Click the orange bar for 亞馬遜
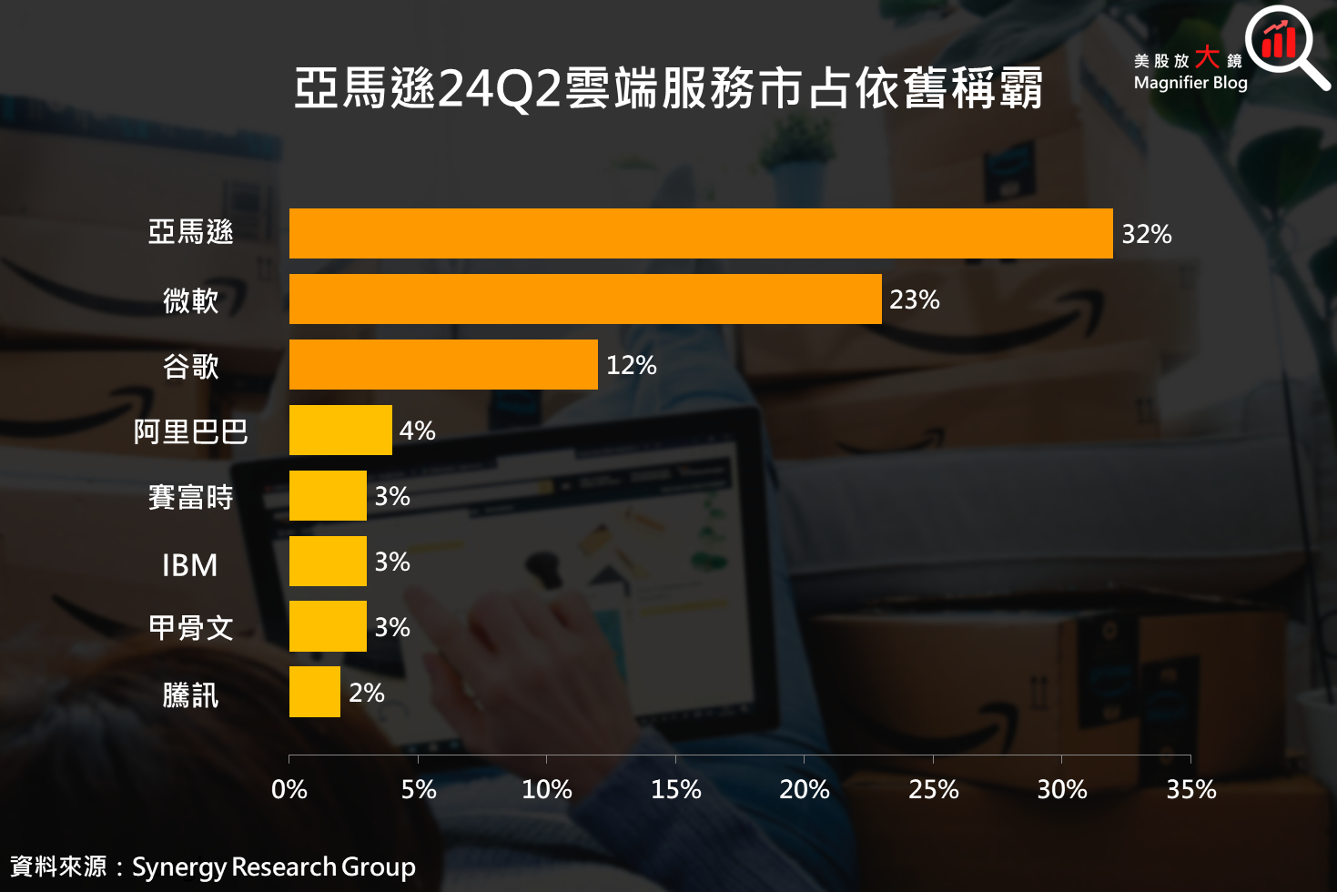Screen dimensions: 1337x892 [701, 233]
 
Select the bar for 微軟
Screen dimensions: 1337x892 [585, 299]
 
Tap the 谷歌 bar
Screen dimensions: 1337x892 [443, 365]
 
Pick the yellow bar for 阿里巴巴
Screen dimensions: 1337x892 [340, 430]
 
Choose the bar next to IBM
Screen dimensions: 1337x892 [328, 562]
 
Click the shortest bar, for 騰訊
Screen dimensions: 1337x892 [315, 692]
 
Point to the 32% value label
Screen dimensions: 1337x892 [1147, 234]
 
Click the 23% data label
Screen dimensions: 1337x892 [915, 299]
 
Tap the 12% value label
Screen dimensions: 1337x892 [632, 365]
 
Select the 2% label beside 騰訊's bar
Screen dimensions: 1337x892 [367, 694]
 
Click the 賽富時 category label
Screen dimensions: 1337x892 [190, 497]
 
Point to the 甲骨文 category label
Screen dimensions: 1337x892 [190, 628]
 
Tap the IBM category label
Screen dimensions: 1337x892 [190, 565]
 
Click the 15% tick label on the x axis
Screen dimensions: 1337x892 [675, 789]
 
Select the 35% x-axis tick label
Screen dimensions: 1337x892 [1191, 789]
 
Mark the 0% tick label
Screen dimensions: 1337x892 [289, 789]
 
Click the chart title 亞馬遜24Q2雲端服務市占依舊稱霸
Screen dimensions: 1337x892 [668, 88]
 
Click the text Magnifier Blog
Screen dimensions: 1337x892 [1190, 83]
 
